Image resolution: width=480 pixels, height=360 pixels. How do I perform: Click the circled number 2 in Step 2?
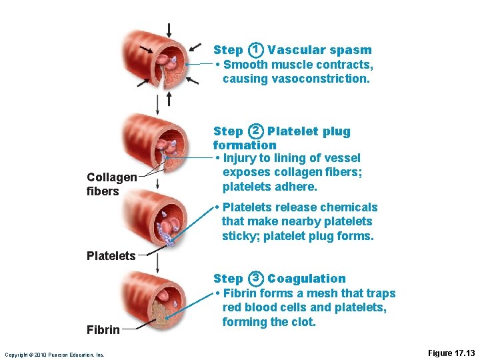pos(255,131)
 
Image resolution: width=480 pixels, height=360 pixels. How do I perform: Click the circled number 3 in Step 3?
pos(255,279)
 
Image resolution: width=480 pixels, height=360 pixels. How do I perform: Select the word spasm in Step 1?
pos(354,50)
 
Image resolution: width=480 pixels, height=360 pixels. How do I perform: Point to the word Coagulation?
pos(307,279)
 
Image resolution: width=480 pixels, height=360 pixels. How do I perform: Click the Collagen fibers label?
pos(111,184)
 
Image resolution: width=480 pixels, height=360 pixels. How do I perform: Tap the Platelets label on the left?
pos(111,255)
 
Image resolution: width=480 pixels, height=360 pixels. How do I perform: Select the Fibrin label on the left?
pos(103,329)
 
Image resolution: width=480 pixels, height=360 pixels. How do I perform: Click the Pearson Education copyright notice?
pos(54,355)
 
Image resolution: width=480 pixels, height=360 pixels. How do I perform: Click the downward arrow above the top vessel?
pos(170,31)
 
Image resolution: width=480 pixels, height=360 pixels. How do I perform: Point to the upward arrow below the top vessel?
pos(169,99)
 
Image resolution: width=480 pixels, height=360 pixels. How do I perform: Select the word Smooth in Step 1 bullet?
pos(245,65)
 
